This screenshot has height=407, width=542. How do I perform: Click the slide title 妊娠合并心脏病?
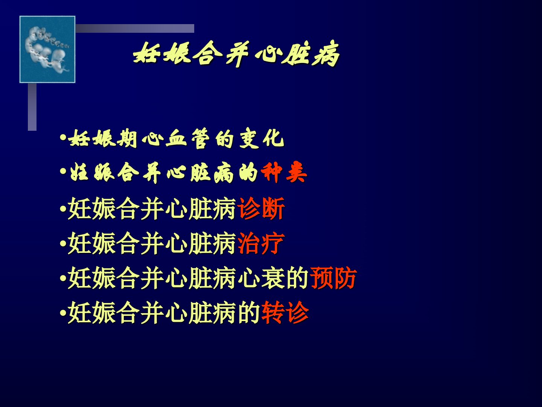[x=236, y=54]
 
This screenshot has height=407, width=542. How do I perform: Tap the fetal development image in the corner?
[x=47, y=49]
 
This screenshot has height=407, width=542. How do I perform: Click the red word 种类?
[x=284, y=172]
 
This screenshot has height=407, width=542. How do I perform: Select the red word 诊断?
[x=261, y=208]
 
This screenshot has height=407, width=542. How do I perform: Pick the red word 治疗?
[x=261, y=243]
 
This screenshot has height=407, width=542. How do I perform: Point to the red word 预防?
[x=333, y=278]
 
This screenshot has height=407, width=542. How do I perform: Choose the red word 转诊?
[x=285, y=313]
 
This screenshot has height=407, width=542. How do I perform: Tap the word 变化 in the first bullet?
[x=261, y=139]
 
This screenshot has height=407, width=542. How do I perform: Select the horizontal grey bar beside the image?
[x=135, y=28]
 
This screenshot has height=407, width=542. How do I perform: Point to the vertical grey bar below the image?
[x=32, y=107]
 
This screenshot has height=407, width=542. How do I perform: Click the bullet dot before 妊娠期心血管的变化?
[x=63, y=138]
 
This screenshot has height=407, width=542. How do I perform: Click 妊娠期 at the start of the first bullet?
[x=102, y=139]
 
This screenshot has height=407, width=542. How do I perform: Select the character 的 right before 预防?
[x=297, y=278]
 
